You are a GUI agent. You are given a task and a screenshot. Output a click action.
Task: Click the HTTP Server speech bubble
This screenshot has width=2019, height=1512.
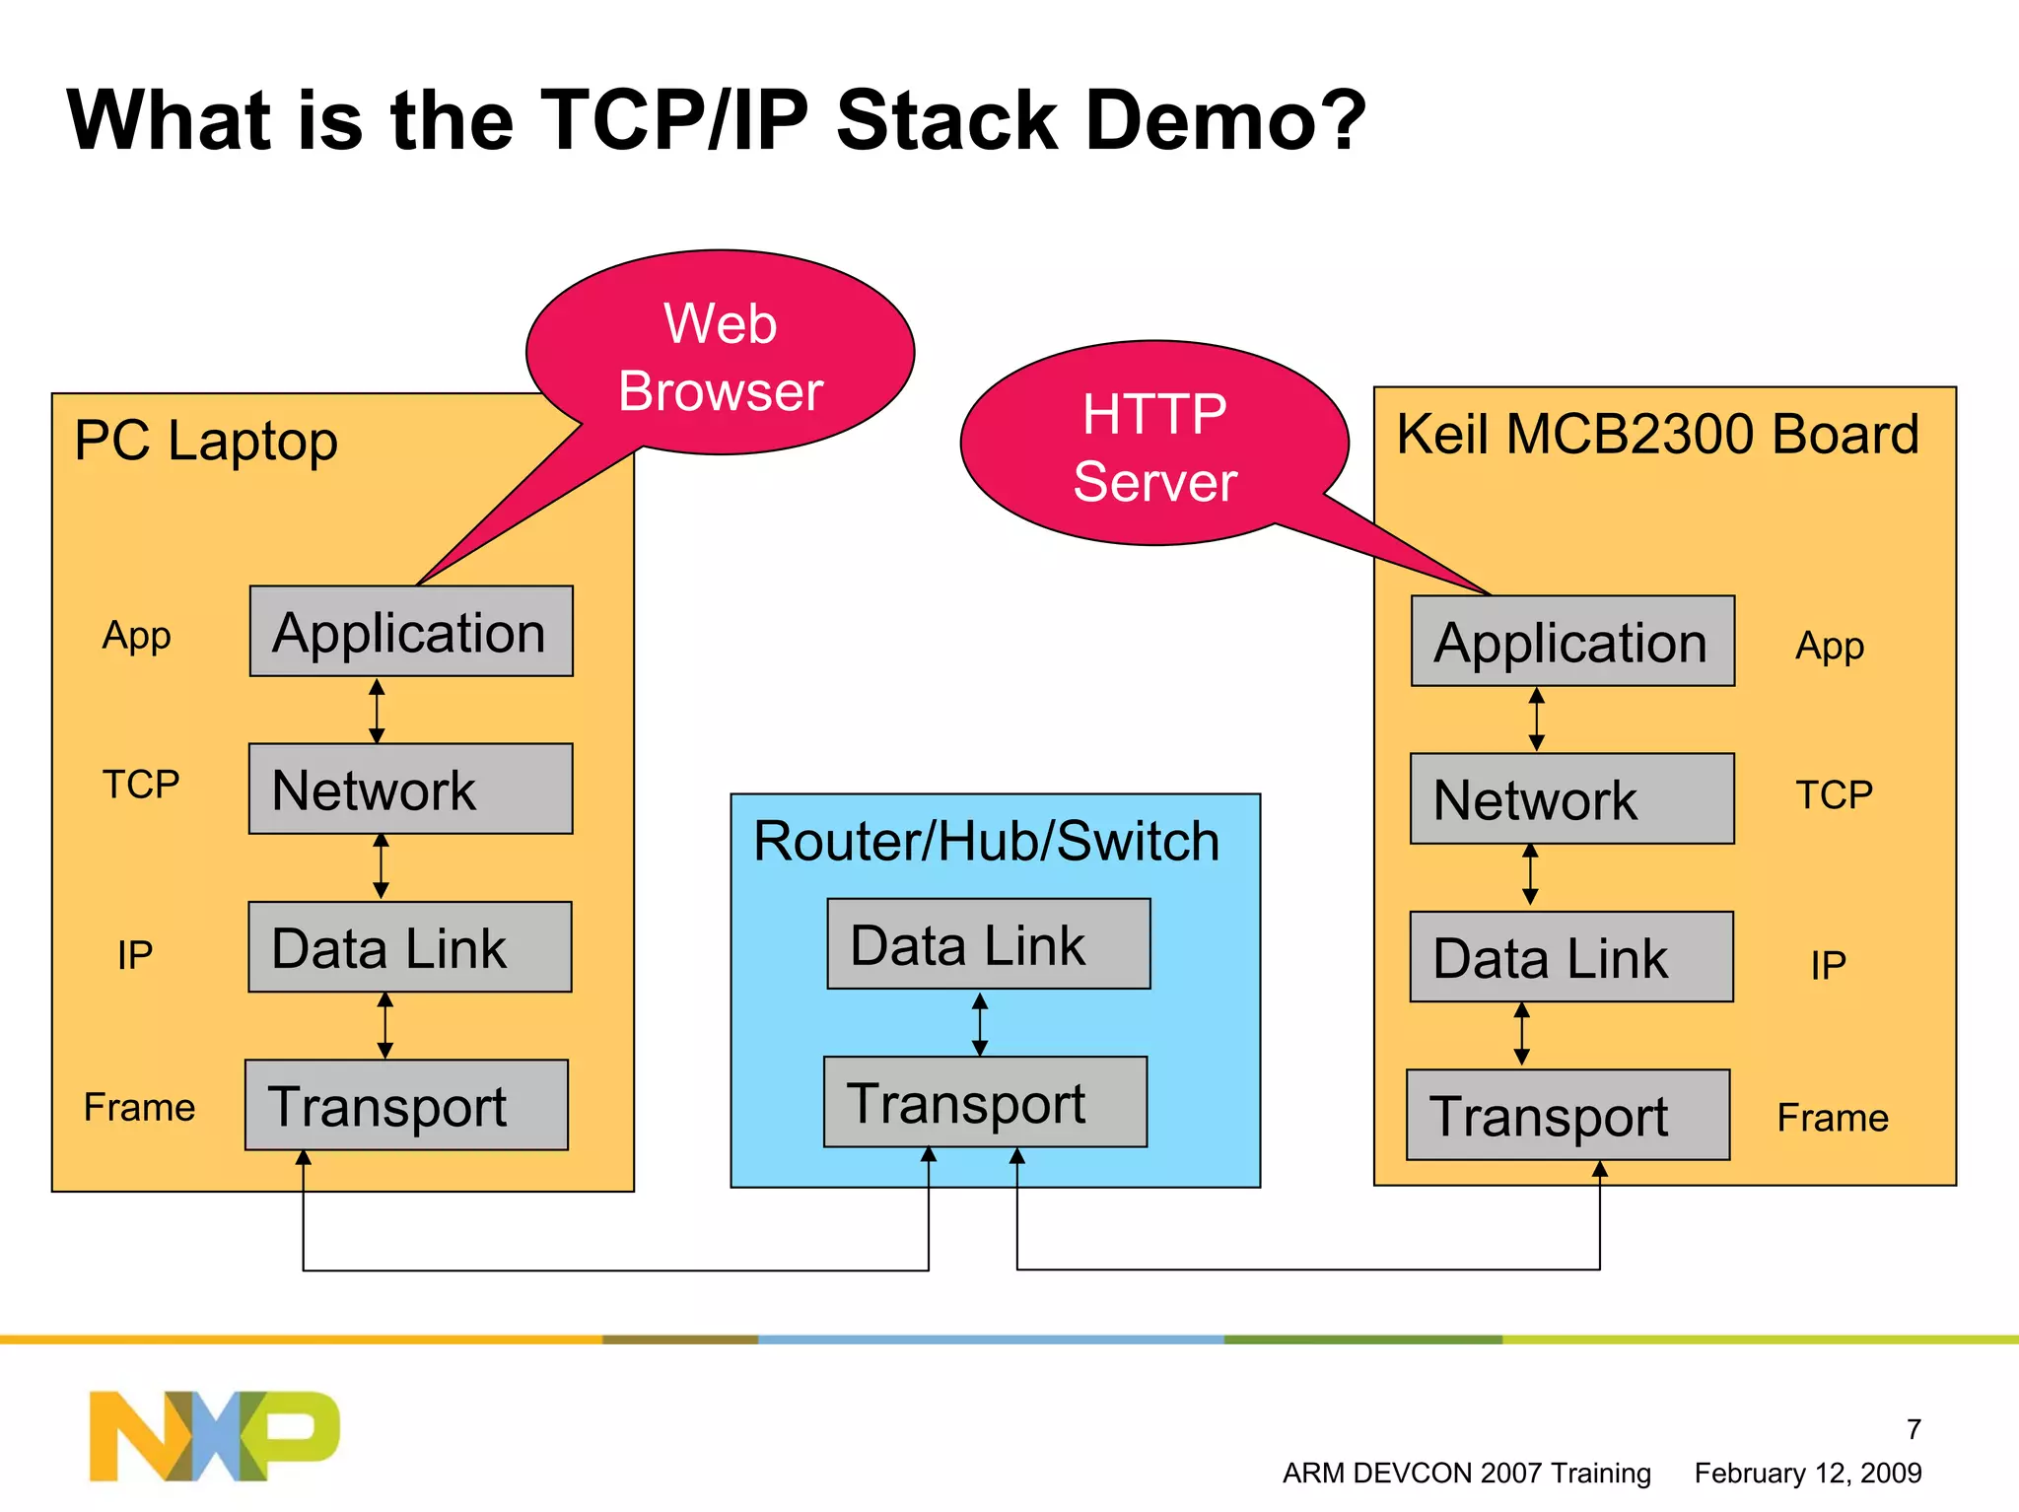tap(1153, 446)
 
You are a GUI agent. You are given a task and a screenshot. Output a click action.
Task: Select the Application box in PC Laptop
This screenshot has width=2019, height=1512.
tap(410, 632)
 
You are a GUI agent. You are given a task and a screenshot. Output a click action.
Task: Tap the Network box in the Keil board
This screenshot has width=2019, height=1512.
tap(1571, 798)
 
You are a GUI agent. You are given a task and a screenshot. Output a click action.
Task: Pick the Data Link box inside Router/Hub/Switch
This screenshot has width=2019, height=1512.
tap(988, 944)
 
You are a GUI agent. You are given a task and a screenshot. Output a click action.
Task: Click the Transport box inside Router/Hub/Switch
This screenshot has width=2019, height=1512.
tap(985, 1102)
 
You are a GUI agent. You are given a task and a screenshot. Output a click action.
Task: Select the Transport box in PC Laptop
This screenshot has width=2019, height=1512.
tap(406, 1105)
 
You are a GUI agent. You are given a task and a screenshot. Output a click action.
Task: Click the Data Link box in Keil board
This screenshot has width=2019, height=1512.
tap(1571, 957)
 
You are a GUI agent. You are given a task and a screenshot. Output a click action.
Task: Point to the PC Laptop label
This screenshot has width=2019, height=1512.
tap(205, 441)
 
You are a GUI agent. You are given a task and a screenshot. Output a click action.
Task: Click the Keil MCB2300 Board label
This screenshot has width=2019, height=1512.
tap(1658, 434)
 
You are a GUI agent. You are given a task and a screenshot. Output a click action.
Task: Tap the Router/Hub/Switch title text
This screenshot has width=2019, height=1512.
tap(986, 841)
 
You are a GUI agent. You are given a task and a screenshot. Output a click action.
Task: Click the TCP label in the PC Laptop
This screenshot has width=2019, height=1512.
tap(141, 785)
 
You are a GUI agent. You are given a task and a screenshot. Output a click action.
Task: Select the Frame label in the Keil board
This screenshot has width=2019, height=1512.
tap(1832, 1118)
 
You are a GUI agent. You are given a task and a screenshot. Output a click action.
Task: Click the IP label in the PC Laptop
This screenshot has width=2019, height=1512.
tap(135, 954)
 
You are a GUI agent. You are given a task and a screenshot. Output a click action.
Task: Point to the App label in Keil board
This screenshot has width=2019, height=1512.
tap(1829, 646)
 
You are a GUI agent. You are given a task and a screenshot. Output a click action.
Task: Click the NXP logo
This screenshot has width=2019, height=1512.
tap(214, 1435)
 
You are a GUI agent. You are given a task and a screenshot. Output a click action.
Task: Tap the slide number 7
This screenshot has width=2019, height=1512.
tap(1913, 1428)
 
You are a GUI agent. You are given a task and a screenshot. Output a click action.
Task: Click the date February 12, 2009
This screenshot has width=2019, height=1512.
tap(1807, 1473)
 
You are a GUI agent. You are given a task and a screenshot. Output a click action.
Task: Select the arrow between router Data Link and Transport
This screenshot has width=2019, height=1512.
tap(979, 1023)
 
